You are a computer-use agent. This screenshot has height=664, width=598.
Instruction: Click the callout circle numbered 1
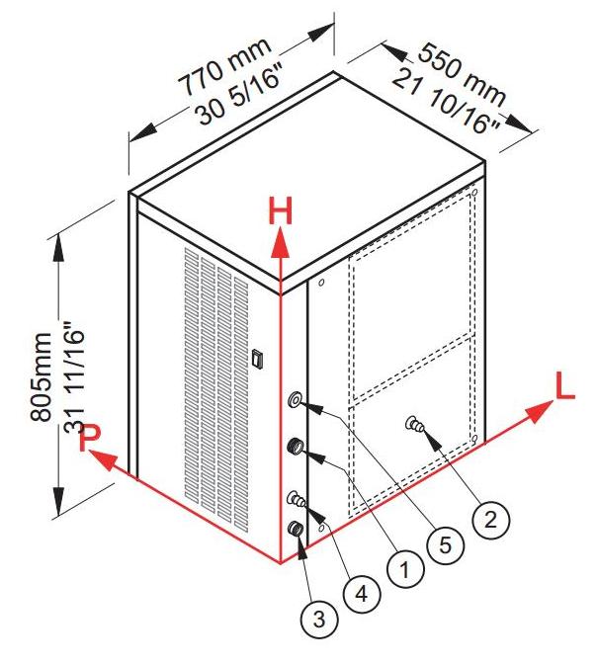(405, 569)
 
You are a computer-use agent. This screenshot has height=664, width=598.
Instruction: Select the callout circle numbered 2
(490, 520)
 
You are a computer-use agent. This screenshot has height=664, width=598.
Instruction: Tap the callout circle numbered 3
(319, 619)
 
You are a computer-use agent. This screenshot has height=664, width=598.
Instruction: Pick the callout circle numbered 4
(361, 594)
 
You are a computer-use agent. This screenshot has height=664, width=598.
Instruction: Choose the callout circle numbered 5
(445, 545)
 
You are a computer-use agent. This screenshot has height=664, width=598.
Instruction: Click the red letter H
(281, 212)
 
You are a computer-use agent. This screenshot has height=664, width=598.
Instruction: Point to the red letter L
(565, 387)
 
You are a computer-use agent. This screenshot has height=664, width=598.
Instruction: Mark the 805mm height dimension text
(42, 377)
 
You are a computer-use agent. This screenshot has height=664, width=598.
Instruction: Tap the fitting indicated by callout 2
(414, 423)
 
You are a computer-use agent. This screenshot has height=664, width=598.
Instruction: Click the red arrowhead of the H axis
(280, 243)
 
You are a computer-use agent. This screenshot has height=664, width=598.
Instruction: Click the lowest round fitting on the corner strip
(295, 529)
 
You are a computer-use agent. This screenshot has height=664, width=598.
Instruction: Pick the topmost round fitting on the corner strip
(295, 400)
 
